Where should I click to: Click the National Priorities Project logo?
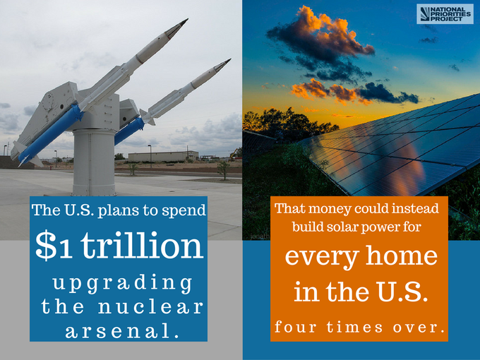[x=445, y=14]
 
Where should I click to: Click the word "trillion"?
[x=142, y=245]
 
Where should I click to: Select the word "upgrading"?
[x=122, y=283]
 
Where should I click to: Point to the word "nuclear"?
[x=150, y=306]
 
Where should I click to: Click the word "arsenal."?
[x=122, y=330]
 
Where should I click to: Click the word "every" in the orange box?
[x=322, y=257]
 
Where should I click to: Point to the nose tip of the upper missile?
[x=187, y=19]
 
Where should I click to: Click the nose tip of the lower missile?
[x=230, y=59]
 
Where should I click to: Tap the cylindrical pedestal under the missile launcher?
[x=95, y=162]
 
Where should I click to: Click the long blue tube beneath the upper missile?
[x=51, y=133]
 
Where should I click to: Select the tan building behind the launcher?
[x=163, y=157]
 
